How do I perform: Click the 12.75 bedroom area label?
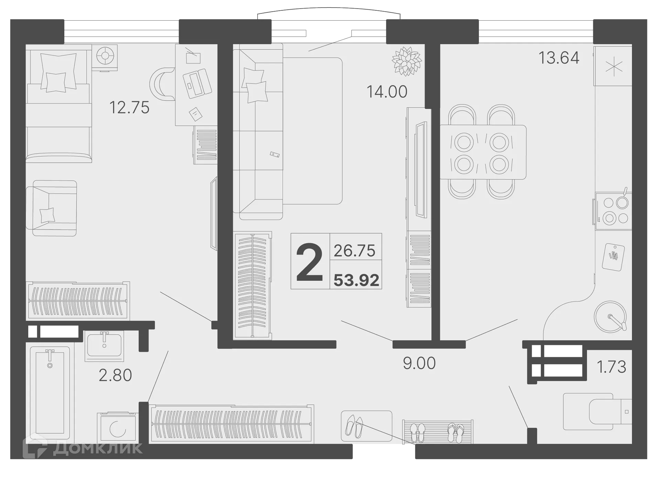[x=129, y=107]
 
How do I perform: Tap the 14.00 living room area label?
[x=387, y=92]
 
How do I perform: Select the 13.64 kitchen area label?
[x=559, y=58]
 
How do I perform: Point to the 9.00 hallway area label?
[x=419, y=363]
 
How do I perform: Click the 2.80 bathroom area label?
[x=115, y=375]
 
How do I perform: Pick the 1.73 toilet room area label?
[x=612, y=367]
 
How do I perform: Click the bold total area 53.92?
[x=356, y=280]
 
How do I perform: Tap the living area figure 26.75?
[x=354, y=251]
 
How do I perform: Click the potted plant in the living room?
[x=407, y=61]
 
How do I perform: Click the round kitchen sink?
[x=610, y=317]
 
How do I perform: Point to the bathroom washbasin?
[x=104, y=345]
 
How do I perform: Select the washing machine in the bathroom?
[x=117, y=428]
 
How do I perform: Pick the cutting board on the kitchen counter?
[x=613, y=257]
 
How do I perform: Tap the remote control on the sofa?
[x=274, y=155]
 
